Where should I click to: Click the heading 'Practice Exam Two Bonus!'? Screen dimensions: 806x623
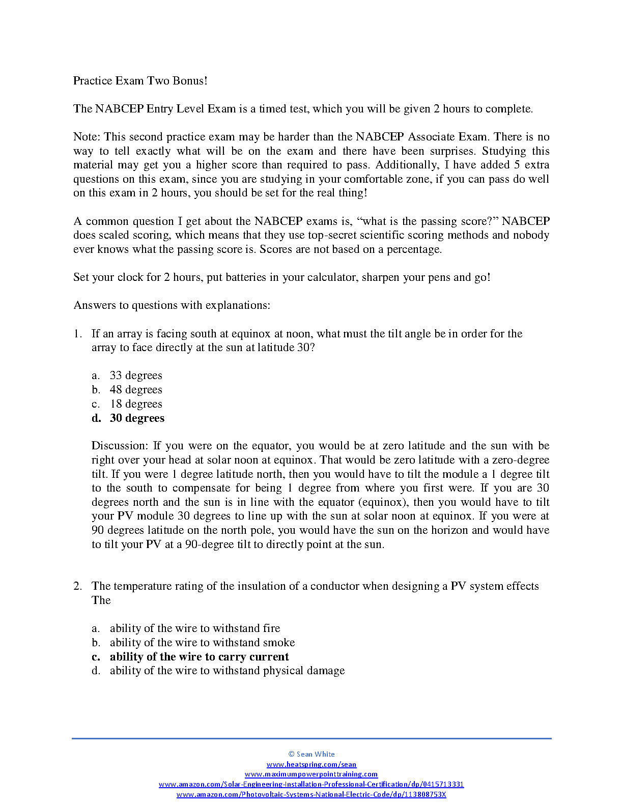140,81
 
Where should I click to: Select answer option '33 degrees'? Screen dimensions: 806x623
136,376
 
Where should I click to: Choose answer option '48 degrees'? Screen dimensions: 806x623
136,390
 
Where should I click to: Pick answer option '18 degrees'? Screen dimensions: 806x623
136,404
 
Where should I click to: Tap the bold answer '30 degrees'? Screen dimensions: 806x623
137,418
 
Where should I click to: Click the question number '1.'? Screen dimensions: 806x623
77,334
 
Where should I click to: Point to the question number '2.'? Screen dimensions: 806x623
77,586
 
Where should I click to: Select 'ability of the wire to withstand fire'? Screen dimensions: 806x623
195,628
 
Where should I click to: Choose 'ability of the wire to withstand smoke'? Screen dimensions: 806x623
202,643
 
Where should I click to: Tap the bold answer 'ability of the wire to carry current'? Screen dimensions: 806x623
199,657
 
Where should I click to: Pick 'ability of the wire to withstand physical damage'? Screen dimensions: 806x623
227,671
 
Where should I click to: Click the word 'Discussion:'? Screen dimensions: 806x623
120,446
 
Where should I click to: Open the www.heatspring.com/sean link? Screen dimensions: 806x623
311,764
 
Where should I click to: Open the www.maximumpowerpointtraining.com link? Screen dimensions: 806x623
311,774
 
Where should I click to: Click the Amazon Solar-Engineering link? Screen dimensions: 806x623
311,785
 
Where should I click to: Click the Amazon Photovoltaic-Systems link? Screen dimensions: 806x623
311,795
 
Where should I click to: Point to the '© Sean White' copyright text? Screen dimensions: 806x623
311,754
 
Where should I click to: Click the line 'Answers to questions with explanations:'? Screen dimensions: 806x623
172,305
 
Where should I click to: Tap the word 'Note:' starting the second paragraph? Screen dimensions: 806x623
87,137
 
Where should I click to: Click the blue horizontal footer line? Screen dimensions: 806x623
311,738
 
